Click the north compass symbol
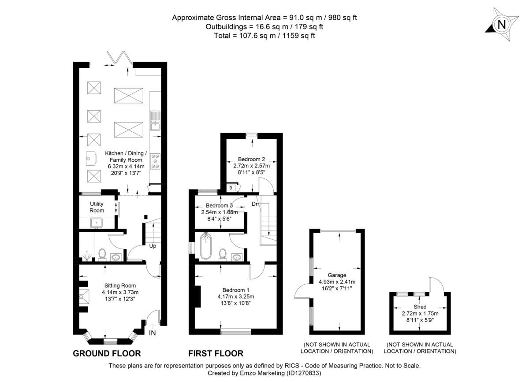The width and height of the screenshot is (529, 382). [501, 25]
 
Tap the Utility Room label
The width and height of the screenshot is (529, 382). [97, 208]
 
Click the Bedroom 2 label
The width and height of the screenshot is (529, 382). [251, 159]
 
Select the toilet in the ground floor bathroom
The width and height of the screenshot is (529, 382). [102, 254]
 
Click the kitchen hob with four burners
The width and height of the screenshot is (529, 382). [155, 161]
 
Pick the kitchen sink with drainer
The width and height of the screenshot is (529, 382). [155, 121]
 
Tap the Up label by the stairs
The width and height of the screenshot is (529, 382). [153, 246]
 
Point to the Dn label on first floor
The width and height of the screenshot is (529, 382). [255, 204]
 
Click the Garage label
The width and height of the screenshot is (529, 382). [337, 275]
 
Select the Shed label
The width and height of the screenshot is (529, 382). [420, 307]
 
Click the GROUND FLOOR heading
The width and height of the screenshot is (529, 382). [107, 353]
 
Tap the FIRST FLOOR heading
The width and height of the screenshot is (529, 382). [216, 353]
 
